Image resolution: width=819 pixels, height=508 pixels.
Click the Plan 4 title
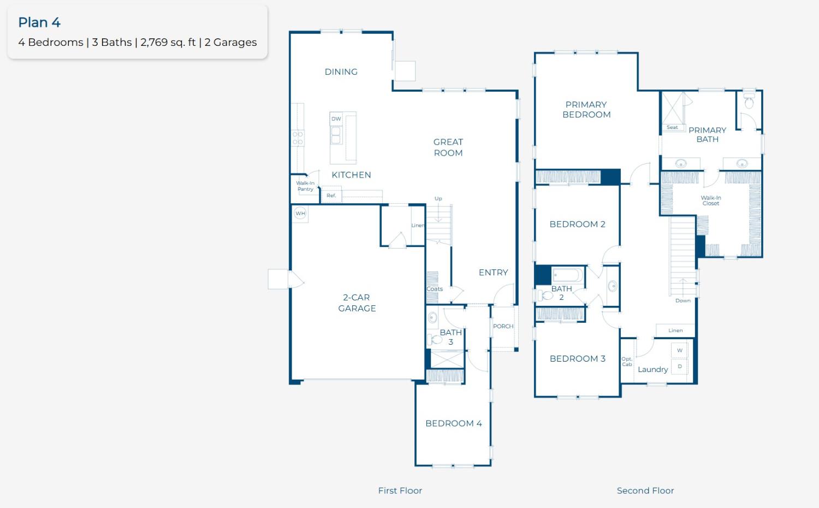[39, 22]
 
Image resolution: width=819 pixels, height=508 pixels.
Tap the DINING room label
[341, 72]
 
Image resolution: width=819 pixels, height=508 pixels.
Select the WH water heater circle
[300, 213]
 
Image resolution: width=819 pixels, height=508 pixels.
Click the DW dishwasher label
[336, 119]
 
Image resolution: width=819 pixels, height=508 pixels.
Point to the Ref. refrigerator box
[331, 196]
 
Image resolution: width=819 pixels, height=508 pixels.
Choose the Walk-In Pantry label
[305, 186]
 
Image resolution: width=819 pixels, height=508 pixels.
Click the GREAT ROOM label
[448, 147]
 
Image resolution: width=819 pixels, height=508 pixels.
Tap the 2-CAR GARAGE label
[357, 303]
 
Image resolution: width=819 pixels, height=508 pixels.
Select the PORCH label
[503, 326]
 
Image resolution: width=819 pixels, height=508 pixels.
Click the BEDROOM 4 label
[453, 423]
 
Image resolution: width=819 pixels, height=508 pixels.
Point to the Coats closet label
[435, 288]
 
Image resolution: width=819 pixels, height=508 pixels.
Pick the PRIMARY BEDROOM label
[586, 109]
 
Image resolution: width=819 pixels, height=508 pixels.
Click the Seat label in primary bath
[672, 127]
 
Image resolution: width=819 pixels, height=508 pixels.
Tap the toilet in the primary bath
[749, 101]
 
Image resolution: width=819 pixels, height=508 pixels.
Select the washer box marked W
[680, 350]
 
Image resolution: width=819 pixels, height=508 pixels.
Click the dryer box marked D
[680, 366]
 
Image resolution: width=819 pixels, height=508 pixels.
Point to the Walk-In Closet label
[711, 200]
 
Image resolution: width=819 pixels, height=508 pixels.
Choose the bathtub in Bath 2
[567, 275]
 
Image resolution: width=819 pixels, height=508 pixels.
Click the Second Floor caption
[645, 491]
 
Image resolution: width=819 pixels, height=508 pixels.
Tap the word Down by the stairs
[683, 300]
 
